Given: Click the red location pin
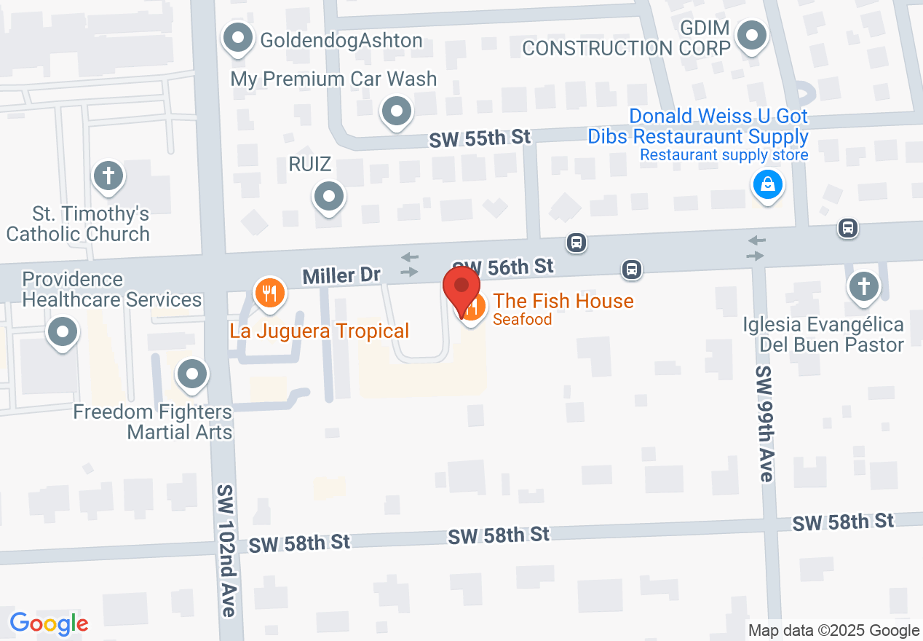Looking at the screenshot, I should click(461, 286).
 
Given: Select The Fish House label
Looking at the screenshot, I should click(563, 301).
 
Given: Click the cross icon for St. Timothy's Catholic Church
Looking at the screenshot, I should click(108, 176).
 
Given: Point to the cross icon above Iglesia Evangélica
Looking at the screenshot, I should click(864, 286).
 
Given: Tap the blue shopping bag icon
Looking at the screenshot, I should click(768, 184).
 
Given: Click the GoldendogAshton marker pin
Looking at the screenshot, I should click(237, 38).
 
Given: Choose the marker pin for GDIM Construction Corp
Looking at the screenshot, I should click(752, 35).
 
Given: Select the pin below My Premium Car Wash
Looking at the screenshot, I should click(397, 111).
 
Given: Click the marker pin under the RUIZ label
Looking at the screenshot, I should click(329, 196).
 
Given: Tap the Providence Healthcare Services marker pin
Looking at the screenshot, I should click(63, 333).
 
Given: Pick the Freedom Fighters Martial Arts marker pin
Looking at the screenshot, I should click(192, 375).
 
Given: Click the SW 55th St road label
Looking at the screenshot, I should click(480, 138).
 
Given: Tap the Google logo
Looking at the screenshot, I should click(49, 624).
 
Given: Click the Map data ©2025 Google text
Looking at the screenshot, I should click(833, 631).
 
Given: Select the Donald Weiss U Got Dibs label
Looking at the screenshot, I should click(718, 126).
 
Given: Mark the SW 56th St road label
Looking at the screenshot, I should click(503, 267).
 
